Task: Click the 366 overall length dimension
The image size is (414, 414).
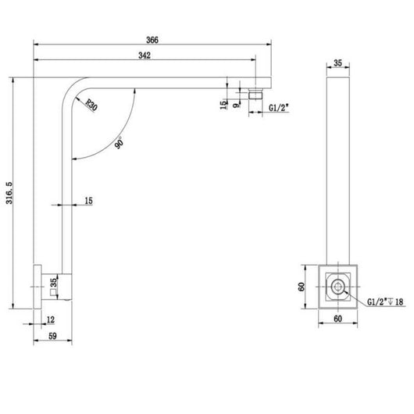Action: coord(152,40)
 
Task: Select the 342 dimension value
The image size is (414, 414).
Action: coord(145,55)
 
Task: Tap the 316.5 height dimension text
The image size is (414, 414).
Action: coord(9,193)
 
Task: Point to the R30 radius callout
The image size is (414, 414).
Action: coord(91,105)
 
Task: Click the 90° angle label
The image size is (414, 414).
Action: coord(120,143)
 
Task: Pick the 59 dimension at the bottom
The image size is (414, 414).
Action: coord(52,336)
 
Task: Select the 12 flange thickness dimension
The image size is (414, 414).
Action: coord(51,319)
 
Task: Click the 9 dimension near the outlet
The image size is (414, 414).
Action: coord(237,105)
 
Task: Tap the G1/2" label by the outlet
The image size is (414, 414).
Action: coord(279,108)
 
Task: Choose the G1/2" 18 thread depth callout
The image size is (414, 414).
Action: coord(385,302)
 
